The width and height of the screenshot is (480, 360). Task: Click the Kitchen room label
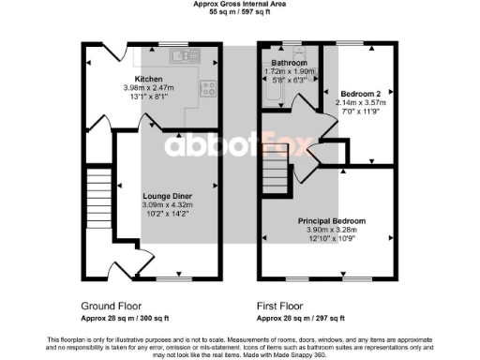point(149,80)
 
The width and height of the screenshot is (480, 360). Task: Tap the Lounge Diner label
point(170,195)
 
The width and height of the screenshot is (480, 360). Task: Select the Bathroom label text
point(289,63)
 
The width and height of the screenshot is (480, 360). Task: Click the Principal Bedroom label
point(332,220)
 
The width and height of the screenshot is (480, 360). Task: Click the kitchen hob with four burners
point(207,90)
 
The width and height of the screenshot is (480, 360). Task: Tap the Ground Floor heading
point(112,306)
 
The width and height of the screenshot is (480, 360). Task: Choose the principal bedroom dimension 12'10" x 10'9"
point(332,237)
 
